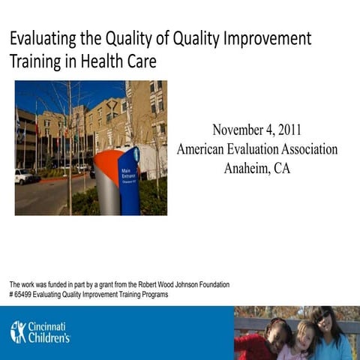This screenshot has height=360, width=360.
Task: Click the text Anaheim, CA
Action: (x=256, y=168)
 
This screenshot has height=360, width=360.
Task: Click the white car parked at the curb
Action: (x=24, y=176)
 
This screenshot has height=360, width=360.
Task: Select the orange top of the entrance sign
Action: (x=106, y=160)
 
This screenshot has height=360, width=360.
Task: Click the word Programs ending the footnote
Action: (x=152, y=294)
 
